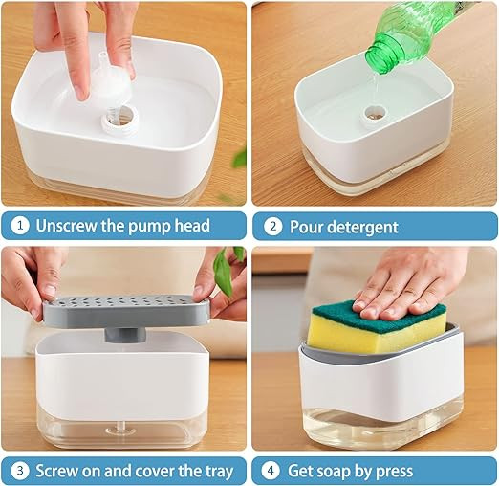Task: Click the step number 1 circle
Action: click(x=19, y=227)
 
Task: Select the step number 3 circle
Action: click(x=19, y=471)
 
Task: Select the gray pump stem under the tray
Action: click(x=123, y=336)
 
